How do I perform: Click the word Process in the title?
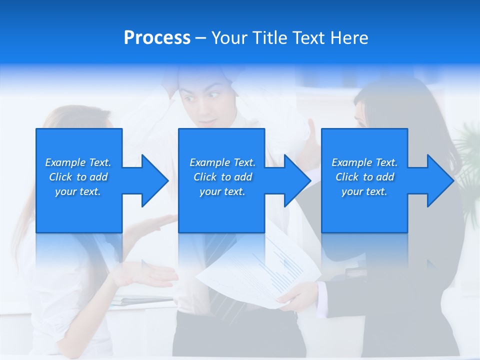(x=157, y=38)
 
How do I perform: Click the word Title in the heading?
(x=268, y=38)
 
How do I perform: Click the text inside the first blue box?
(x=78, y=177)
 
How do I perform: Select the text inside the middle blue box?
(x=222, y=177)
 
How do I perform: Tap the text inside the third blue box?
(x=364, y=177)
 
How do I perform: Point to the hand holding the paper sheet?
(x=297, y=295)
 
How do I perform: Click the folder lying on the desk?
(x=140, y=301)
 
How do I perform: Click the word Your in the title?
(x=229, y=38)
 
